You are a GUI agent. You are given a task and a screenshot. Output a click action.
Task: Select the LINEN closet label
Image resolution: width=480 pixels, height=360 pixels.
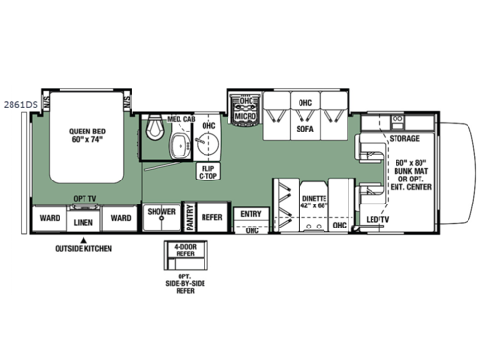(84, 220)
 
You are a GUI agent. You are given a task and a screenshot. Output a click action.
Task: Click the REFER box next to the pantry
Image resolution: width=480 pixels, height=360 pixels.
(211, 218)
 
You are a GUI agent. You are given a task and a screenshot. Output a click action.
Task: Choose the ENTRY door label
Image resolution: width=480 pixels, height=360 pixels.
(251, 213)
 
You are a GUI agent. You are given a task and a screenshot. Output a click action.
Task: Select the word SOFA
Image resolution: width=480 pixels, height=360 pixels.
(305, 127)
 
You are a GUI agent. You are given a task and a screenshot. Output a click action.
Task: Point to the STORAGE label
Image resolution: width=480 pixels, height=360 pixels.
(403, 139)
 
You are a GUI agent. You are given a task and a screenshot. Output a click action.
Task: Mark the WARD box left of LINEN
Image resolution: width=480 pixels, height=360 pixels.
(48, 218)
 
